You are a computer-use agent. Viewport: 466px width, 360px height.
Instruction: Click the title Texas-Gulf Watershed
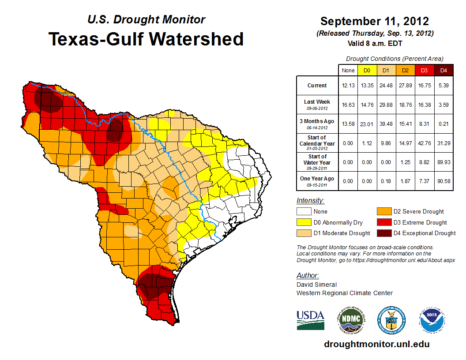146,39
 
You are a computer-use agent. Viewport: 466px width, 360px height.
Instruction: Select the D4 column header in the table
444,70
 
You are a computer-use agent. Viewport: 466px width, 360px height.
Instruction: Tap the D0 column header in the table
366,70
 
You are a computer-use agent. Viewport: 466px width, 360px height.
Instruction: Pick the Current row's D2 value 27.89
405,86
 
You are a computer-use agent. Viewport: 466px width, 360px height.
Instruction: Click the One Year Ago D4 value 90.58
444,181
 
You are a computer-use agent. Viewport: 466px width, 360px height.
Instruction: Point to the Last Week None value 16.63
348,105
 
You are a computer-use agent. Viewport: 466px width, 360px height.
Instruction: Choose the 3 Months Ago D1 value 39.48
386,124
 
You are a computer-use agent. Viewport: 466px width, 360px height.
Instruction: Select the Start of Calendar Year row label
317,143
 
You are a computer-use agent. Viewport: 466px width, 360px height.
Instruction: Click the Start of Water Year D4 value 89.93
444,162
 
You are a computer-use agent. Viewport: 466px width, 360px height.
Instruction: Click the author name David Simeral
317,285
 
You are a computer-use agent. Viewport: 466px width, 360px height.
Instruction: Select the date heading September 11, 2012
374,21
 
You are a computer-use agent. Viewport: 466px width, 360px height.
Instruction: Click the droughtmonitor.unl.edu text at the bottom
376,344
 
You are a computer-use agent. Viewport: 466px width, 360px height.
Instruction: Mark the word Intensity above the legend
310,200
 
